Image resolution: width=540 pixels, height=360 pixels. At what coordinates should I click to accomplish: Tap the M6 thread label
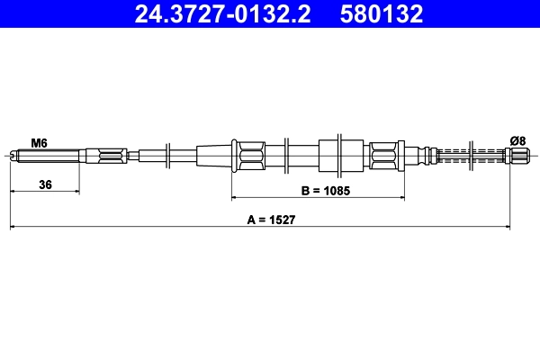(x=39, y=142)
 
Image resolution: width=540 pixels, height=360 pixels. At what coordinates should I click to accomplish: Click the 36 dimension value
(x=44, y=184)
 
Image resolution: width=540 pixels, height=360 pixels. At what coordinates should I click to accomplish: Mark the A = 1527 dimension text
(x=271, y=220)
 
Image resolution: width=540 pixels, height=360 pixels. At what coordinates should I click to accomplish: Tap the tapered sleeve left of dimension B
(x=213, y=156)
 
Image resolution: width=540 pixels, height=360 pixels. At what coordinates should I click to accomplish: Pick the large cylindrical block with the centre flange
(x=341, y=155)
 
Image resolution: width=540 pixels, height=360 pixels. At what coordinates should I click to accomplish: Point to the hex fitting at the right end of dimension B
(x=384, y=156)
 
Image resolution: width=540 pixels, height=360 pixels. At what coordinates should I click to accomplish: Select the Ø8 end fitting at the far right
(x=517, y=156)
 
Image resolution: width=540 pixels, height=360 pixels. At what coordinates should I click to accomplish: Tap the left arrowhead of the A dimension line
(x=13, y=228)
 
